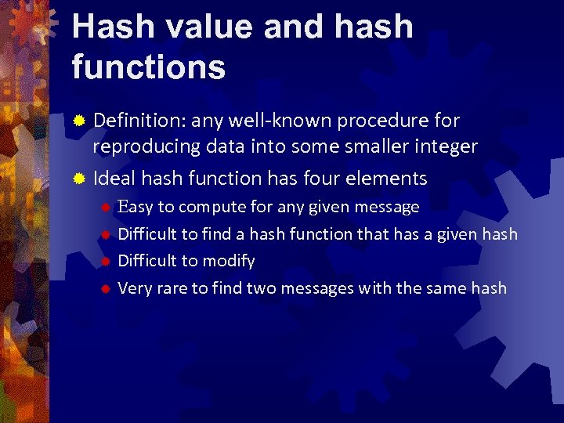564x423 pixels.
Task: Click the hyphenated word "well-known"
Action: coord(276,121)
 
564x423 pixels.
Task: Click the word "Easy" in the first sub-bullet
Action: coord(135,208)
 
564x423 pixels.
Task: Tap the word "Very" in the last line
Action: coord(135,288)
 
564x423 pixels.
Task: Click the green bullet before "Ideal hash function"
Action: coord(78,179)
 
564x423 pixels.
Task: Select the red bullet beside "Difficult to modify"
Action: coord(105,262)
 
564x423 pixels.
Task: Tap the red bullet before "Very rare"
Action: coord(105,289)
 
